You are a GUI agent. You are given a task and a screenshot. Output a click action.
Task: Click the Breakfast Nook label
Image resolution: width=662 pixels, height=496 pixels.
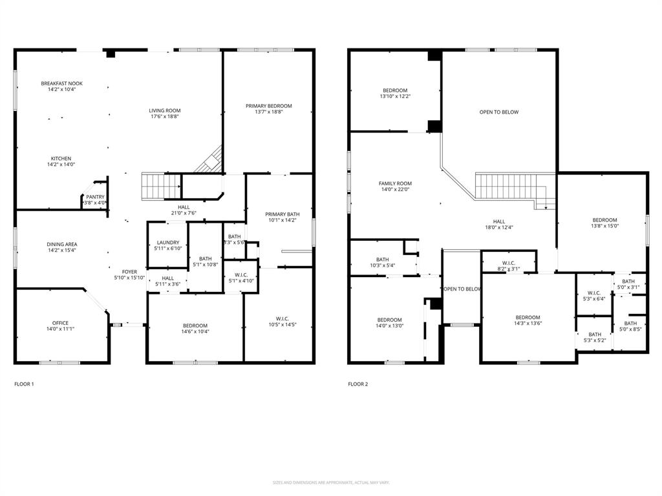tap(61, 83)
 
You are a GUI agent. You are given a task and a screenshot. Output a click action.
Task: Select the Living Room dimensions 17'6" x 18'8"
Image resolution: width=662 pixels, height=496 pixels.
tap(165, 117)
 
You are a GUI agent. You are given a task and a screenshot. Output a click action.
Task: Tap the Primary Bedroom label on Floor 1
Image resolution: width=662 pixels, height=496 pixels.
tap(268, 106)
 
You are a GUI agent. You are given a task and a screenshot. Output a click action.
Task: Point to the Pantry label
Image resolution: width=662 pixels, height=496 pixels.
tap(95, 197)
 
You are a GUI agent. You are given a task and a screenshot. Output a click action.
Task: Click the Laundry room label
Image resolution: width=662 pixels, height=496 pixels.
tap(167, 243)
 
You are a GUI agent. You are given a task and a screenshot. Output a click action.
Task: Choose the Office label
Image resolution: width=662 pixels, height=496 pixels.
tap(60, 323)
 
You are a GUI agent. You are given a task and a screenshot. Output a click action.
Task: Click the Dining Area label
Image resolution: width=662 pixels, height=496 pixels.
tap(61, 244)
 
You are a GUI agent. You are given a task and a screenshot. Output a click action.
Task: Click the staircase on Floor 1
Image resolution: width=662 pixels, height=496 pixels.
tap(161, 187)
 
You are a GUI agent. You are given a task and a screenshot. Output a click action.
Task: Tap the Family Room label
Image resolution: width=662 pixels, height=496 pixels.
tap(395, 183)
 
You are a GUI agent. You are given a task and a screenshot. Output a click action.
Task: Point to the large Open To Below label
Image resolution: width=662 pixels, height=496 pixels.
tap(498, 112)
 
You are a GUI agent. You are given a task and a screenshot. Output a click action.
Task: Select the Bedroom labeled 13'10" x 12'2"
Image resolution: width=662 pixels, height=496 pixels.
tap(395, 90)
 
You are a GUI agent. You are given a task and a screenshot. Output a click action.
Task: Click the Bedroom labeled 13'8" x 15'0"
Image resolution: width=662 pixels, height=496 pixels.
tap(604, 220)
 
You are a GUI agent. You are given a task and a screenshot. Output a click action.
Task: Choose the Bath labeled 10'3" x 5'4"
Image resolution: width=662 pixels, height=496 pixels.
tap(383, 259)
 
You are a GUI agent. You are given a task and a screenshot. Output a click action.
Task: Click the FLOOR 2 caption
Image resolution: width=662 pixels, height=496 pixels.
tap(358, 384)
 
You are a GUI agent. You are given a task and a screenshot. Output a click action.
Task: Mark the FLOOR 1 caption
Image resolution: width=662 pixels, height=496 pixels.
tap(24, 384)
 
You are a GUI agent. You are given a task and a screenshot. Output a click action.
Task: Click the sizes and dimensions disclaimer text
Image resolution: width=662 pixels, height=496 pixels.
tap(331, 482)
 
